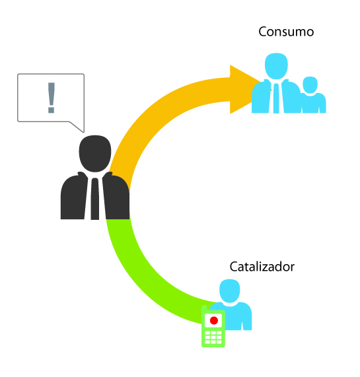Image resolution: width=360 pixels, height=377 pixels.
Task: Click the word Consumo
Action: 286,32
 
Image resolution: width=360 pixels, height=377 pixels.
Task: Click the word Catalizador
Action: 262,267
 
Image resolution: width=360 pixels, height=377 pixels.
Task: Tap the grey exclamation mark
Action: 52,98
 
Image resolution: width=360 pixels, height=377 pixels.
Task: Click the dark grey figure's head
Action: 95,153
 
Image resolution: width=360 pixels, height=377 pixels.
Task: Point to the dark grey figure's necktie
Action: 94,199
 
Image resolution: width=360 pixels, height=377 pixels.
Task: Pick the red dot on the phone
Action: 214,320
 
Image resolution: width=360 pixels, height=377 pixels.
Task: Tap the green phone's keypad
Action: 213,337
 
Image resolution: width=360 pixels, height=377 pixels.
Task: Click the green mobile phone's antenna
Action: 204,309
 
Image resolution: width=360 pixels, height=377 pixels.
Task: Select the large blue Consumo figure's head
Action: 276,66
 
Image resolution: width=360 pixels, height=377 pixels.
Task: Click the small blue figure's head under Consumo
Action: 310,85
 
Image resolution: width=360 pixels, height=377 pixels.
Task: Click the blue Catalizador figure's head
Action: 230,291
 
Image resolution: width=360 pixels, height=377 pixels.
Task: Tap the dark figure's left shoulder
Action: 71,183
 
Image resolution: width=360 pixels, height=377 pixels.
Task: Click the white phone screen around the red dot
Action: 213,320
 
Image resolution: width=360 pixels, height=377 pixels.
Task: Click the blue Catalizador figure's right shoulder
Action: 244,310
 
